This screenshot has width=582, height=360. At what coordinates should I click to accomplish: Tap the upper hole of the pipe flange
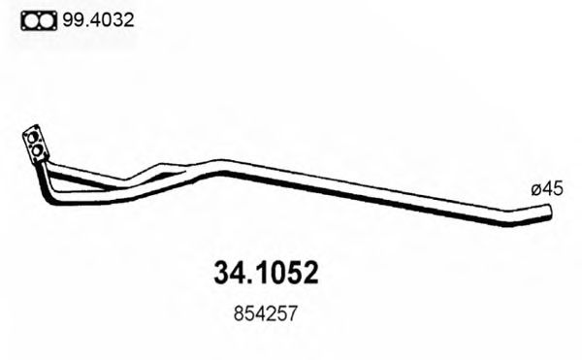coord(35,137)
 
